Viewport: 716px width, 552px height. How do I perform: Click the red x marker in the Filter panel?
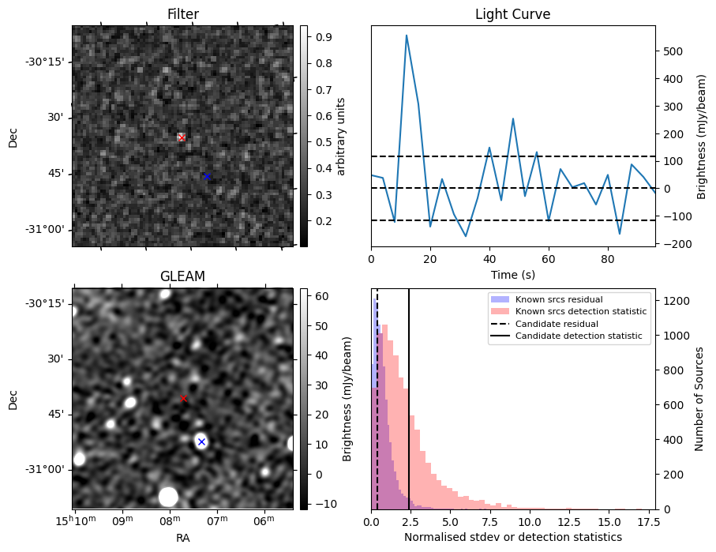click(x=182, y=137)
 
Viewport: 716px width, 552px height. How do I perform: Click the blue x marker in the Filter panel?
click(x=207, y=176)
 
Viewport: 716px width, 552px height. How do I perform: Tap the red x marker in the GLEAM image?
click(x=183, y=399)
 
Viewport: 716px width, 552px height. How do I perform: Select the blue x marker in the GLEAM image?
click(x=201, y=441)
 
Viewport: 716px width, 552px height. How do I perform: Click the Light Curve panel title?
click(x=512, y=14)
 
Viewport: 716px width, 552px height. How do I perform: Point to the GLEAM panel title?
click(x=182, y=276)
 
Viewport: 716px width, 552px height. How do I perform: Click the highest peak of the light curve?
click(x=407, y=36)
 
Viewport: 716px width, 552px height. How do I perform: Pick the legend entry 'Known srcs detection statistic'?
click(x=580, y=312)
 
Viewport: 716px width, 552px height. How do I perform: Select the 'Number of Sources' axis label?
click(x=699, y=399)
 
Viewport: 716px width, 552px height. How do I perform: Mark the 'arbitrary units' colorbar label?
click(x=341, y=136)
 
